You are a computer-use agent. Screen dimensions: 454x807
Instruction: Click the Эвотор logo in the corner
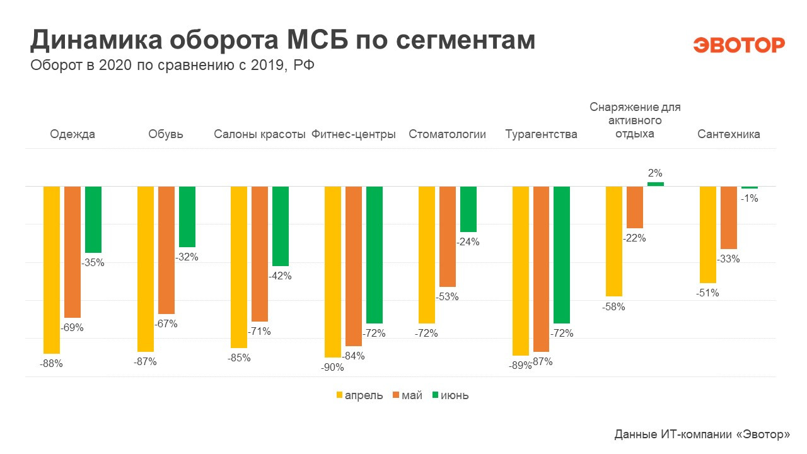(x=739, y=45)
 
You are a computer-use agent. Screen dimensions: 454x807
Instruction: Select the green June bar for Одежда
(x=93, y=219)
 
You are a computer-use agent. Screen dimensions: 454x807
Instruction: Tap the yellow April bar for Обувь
(x=146, y=269)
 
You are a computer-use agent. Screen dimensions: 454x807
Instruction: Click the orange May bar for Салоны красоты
(x=260, y=254)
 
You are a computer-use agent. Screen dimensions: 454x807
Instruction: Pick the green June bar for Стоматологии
(x=468, y=209)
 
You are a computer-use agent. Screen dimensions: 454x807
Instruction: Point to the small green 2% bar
(x=656, y=184)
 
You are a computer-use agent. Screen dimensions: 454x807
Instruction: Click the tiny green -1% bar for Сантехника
(x=750, y=187)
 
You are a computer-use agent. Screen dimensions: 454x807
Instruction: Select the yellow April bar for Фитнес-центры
(x=333, y=272)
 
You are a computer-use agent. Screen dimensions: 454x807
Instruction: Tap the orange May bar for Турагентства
(x=542, y=269)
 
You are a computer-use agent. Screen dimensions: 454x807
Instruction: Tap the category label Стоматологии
(x=448, y=134)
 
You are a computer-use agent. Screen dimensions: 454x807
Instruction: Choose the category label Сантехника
(x=728, y=134)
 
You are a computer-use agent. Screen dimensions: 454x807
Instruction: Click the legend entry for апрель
(x=359, y=395)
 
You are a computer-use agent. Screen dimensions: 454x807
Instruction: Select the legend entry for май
(x=407, y=395)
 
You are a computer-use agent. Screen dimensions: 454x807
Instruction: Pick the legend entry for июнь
(x=450, y=395)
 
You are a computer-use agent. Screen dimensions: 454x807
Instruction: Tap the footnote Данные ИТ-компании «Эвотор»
(x=702, y=434)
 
